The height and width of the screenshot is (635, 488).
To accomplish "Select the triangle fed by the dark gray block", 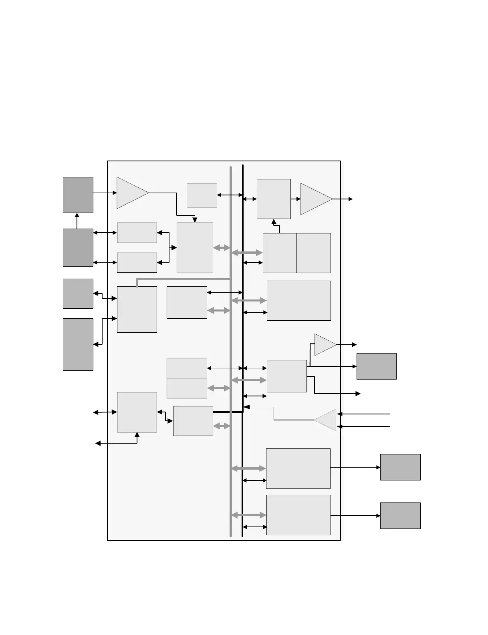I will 131,193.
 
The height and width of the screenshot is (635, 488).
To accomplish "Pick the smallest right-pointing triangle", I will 324,344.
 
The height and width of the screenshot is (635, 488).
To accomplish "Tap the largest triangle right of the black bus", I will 315,199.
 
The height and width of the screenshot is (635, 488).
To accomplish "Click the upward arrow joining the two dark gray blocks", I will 77,221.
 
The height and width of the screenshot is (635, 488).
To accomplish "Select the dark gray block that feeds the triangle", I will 78,195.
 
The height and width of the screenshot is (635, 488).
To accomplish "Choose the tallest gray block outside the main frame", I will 78,344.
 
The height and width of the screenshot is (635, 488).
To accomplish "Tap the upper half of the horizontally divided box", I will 187,368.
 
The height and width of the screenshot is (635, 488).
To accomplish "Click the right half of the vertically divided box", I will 314,253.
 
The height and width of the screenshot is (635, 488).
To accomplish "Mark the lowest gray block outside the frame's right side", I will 400,516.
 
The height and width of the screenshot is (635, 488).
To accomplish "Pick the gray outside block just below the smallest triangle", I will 377,366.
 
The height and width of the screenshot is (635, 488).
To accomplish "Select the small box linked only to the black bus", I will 202,195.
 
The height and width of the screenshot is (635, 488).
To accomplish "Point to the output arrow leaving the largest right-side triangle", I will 343,199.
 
